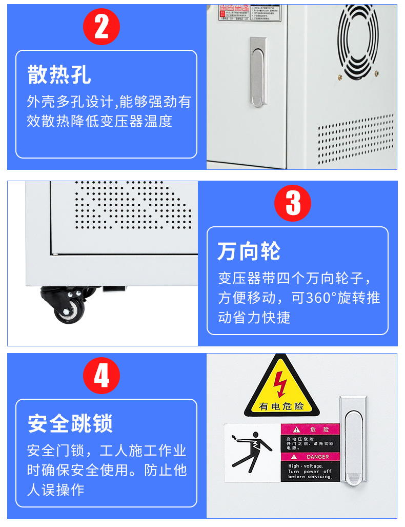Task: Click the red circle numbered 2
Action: click(102, 27)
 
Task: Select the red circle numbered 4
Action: click(102, 376)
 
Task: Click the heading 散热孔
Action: click(59, 75)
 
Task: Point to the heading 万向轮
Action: click(249, 251)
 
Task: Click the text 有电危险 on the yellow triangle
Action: click(281, 406)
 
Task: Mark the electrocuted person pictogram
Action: click(252, 452)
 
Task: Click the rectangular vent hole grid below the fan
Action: click(356, 140)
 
